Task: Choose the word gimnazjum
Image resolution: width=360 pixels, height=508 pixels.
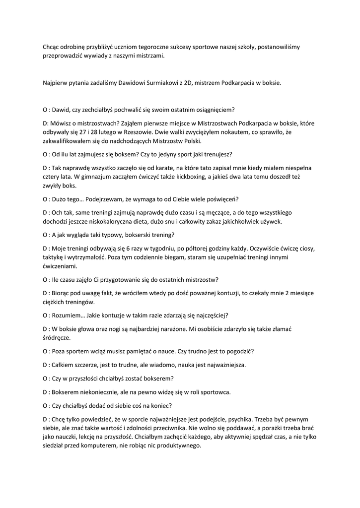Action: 67,177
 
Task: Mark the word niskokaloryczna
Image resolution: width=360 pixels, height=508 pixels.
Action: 113,221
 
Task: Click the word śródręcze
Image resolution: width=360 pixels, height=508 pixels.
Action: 58,338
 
